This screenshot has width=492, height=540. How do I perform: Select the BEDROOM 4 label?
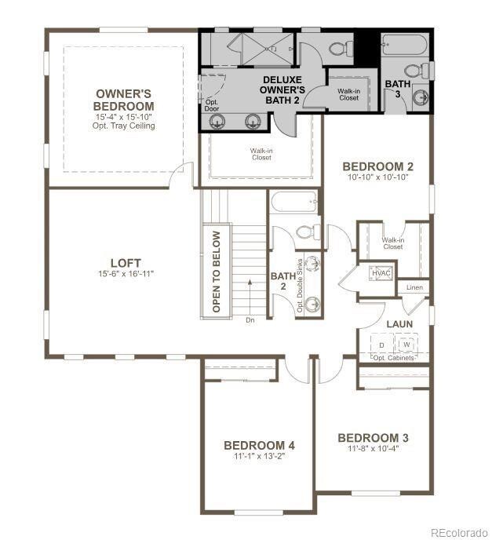point(258,445)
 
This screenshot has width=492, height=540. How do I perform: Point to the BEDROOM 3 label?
point(373,437)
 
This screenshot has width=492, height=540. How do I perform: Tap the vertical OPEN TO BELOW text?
point(217,271)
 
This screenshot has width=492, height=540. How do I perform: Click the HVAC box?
point(381,272)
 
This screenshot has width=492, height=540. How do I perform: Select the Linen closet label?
point(414,288)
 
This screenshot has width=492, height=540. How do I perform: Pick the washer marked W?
point(406,344)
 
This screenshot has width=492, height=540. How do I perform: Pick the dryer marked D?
point(382,344)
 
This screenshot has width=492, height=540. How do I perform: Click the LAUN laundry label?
point(399,323)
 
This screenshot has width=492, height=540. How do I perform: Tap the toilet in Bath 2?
point(308,232)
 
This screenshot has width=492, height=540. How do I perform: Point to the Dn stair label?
point(250,319)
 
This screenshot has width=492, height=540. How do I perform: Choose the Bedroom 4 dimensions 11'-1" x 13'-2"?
point(258,456)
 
